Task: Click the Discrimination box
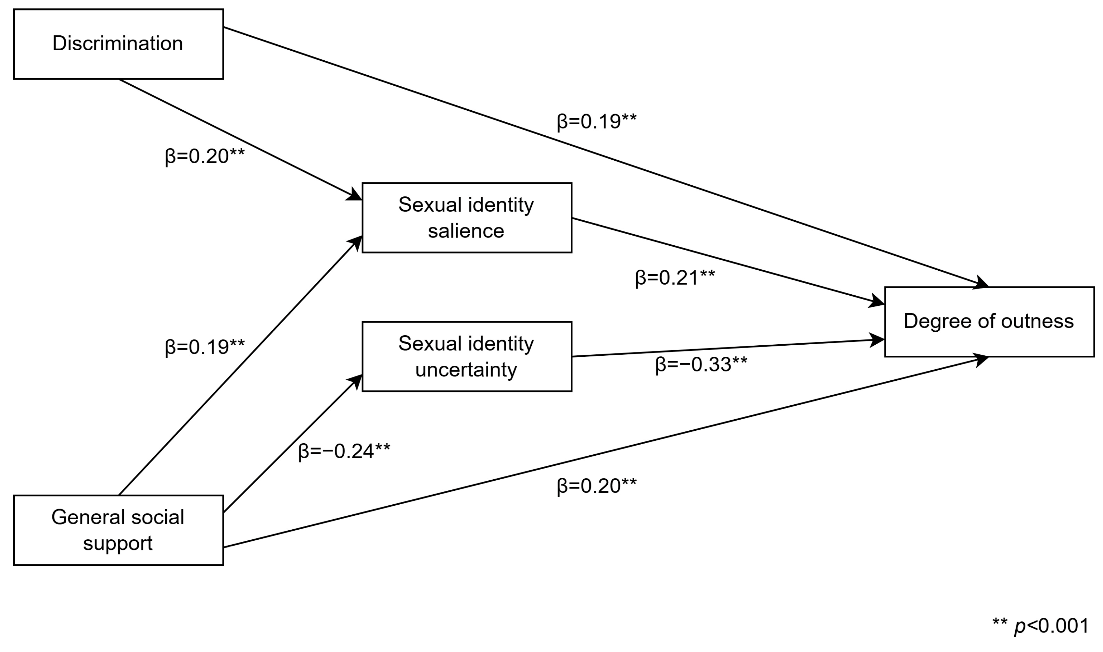click(x=118, y=44)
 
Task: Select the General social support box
click(x=118, y=530)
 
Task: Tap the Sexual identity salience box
click(x=466, y=218)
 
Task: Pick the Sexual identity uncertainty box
click(x=466, y=357)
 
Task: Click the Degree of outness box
click(x=989, y=322)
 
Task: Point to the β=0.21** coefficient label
click(x=675, y=278)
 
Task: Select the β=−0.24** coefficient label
click(x=344, y=451)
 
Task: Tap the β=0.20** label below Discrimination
click(x=204, y=156)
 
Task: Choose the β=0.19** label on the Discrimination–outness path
click(x=597, y=122)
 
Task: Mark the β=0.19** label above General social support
click(x=204, y=347)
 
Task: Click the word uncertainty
click(x=466, y=370)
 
